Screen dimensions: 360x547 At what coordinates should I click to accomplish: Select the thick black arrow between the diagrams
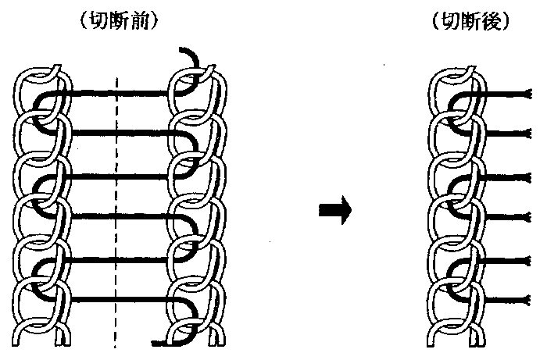[334, 209]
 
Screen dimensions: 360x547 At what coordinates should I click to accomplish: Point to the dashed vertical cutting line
[116, 234]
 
